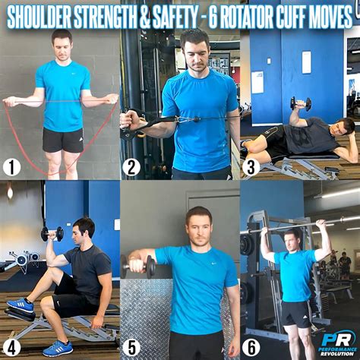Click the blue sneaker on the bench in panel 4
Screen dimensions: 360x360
[x=21, y=305]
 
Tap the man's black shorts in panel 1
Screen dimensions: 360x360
[x=62, y=139]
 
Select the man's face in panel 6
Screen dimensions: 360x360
[x=292, y=242]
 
